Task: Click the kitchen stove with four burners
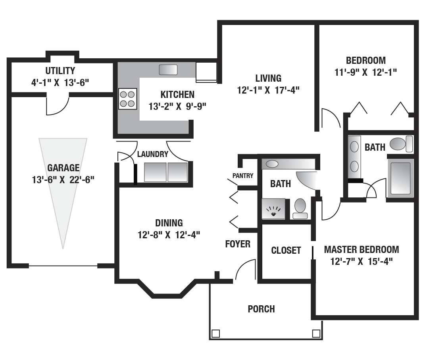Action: point(127,99)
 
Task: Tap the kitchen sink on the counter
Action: point(168,70)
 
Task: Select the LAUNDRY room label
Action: point(153,154)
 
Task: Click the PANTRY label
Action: point(243,176)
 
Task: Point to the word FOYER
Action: point(238,244)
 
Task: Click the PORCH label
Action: point(261,309)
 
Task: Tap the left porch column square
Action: point(215,333)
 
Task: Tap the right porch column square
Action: point(316,333)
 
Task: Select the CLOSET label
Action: point(286,250)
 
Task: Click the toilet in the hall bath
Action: point(300,209)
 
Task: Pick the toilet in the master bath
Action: point(402,144)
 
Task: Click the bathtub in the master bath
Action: point(401,178)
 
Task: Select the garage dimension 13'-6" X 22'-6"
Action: point(63,180)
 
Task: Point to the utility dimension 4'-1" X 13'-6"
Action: point(60,82)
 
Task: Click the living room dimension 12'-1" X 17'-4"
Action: point(268,90)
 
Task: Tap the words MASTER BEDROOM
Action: point(362,249)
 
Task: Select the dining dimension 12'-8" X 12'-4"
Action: point(169,235)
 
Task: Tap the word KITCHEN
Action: point(177,94)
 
